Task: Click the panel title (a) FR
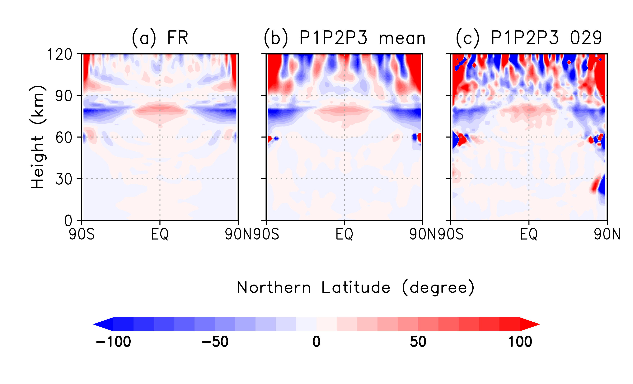point(160,38)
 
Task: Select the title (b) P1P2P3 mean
point(345,38)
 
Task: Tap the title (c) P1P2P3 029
point(529,38)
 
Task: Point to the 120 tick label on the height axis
point(60,55)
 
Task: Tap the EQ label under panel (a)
point(160,234)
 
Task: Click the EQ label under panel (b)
point(344,234)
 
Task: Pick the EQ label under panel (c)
point(529,234)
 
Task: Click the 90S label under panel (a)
point(82,234)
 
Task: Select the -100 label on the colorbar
point(113,342)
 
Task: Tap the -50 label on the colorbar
point(215,342)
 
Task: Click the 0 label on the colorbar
point(316,342)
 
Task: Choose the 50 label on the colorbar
point(418,342)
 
